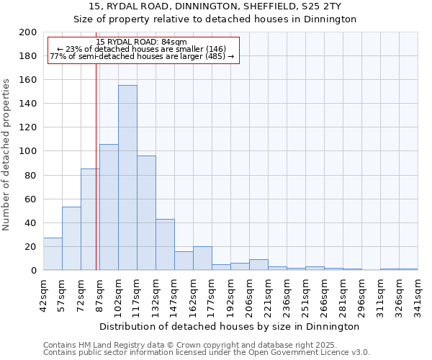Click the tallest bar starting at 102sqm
(x=127, y=178)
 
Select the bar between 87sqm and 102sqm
(x=109, y=207)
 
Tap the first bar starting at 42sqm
(x=53, y=254)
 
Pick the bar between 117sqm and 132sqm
(x=146, y=213)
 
